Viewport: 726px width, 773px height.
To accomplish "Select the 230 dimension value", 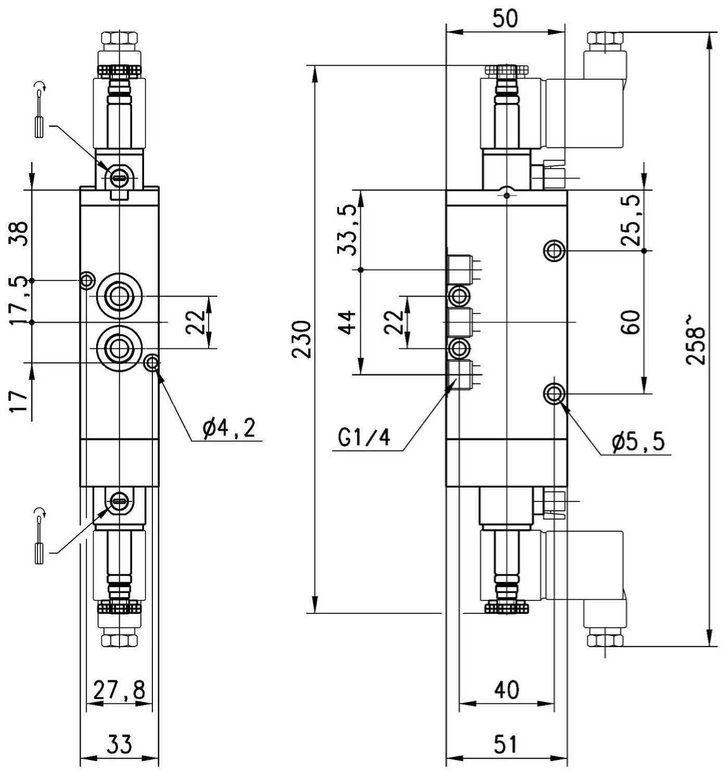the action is point(302,339).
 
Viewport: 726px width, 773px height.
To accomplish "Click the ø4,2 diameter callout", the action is point(229,429).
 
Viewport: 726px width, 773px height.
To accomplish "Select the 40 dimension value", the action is point(507,690).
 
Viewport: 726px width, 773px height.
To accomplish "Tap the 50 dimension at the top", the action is point(505,19).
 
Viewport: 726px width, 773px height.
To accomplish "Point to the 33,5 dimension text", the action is point(346,229).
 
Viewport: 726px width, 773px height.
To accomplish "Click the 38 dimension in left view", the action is point(19,233).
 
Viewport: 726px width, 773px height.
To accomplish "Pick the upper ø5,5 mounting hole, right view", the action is point(554,250).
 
